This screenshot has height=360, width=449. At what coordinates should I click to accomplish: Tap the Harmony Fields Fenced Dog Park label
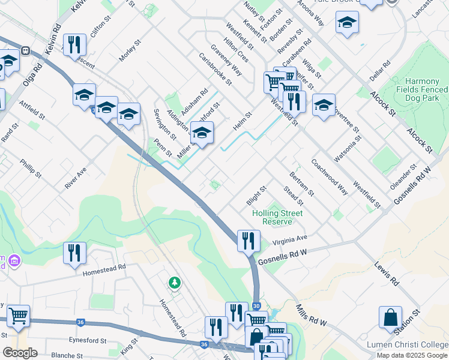[426, 89]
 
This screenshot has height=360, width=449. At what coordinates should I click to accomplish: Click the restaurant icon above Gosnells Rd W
[249, 241]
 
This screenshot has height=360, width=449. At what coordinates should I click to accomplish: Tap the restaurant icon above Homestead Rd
[75, 253]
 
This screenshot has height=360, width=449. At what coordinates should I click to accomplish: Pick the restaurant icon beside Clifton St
[75, 45]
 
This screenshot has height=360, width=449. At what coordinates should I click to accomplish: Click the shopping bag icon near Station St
[390, 317]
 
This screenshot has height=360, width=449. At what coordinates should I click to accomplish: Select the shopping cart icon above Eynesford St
[18, 316]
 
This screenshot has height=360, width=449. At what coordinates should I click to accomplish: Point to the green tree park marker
[174, 282]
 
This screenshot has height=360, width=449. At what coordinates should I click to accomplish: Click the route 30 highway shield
[256, 306]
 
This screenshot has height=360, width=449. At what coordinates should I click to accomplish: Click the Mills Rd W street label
[310, 315]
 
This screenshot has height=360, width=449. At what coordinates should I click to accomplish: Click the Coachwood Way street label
[330, 177]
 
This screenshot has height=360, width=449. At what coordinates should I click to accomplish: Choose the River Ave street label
[76, 178]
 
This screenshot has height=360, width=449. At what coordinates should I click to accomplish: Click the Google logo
[20, 353]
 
